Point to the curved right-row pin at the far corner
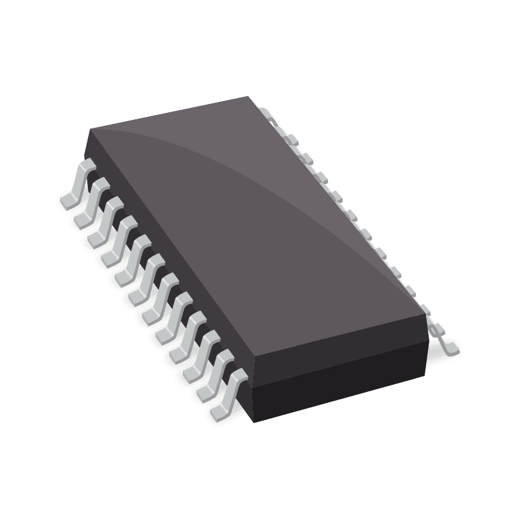(271, 115)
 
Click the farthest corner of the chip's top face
(249, 97)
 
